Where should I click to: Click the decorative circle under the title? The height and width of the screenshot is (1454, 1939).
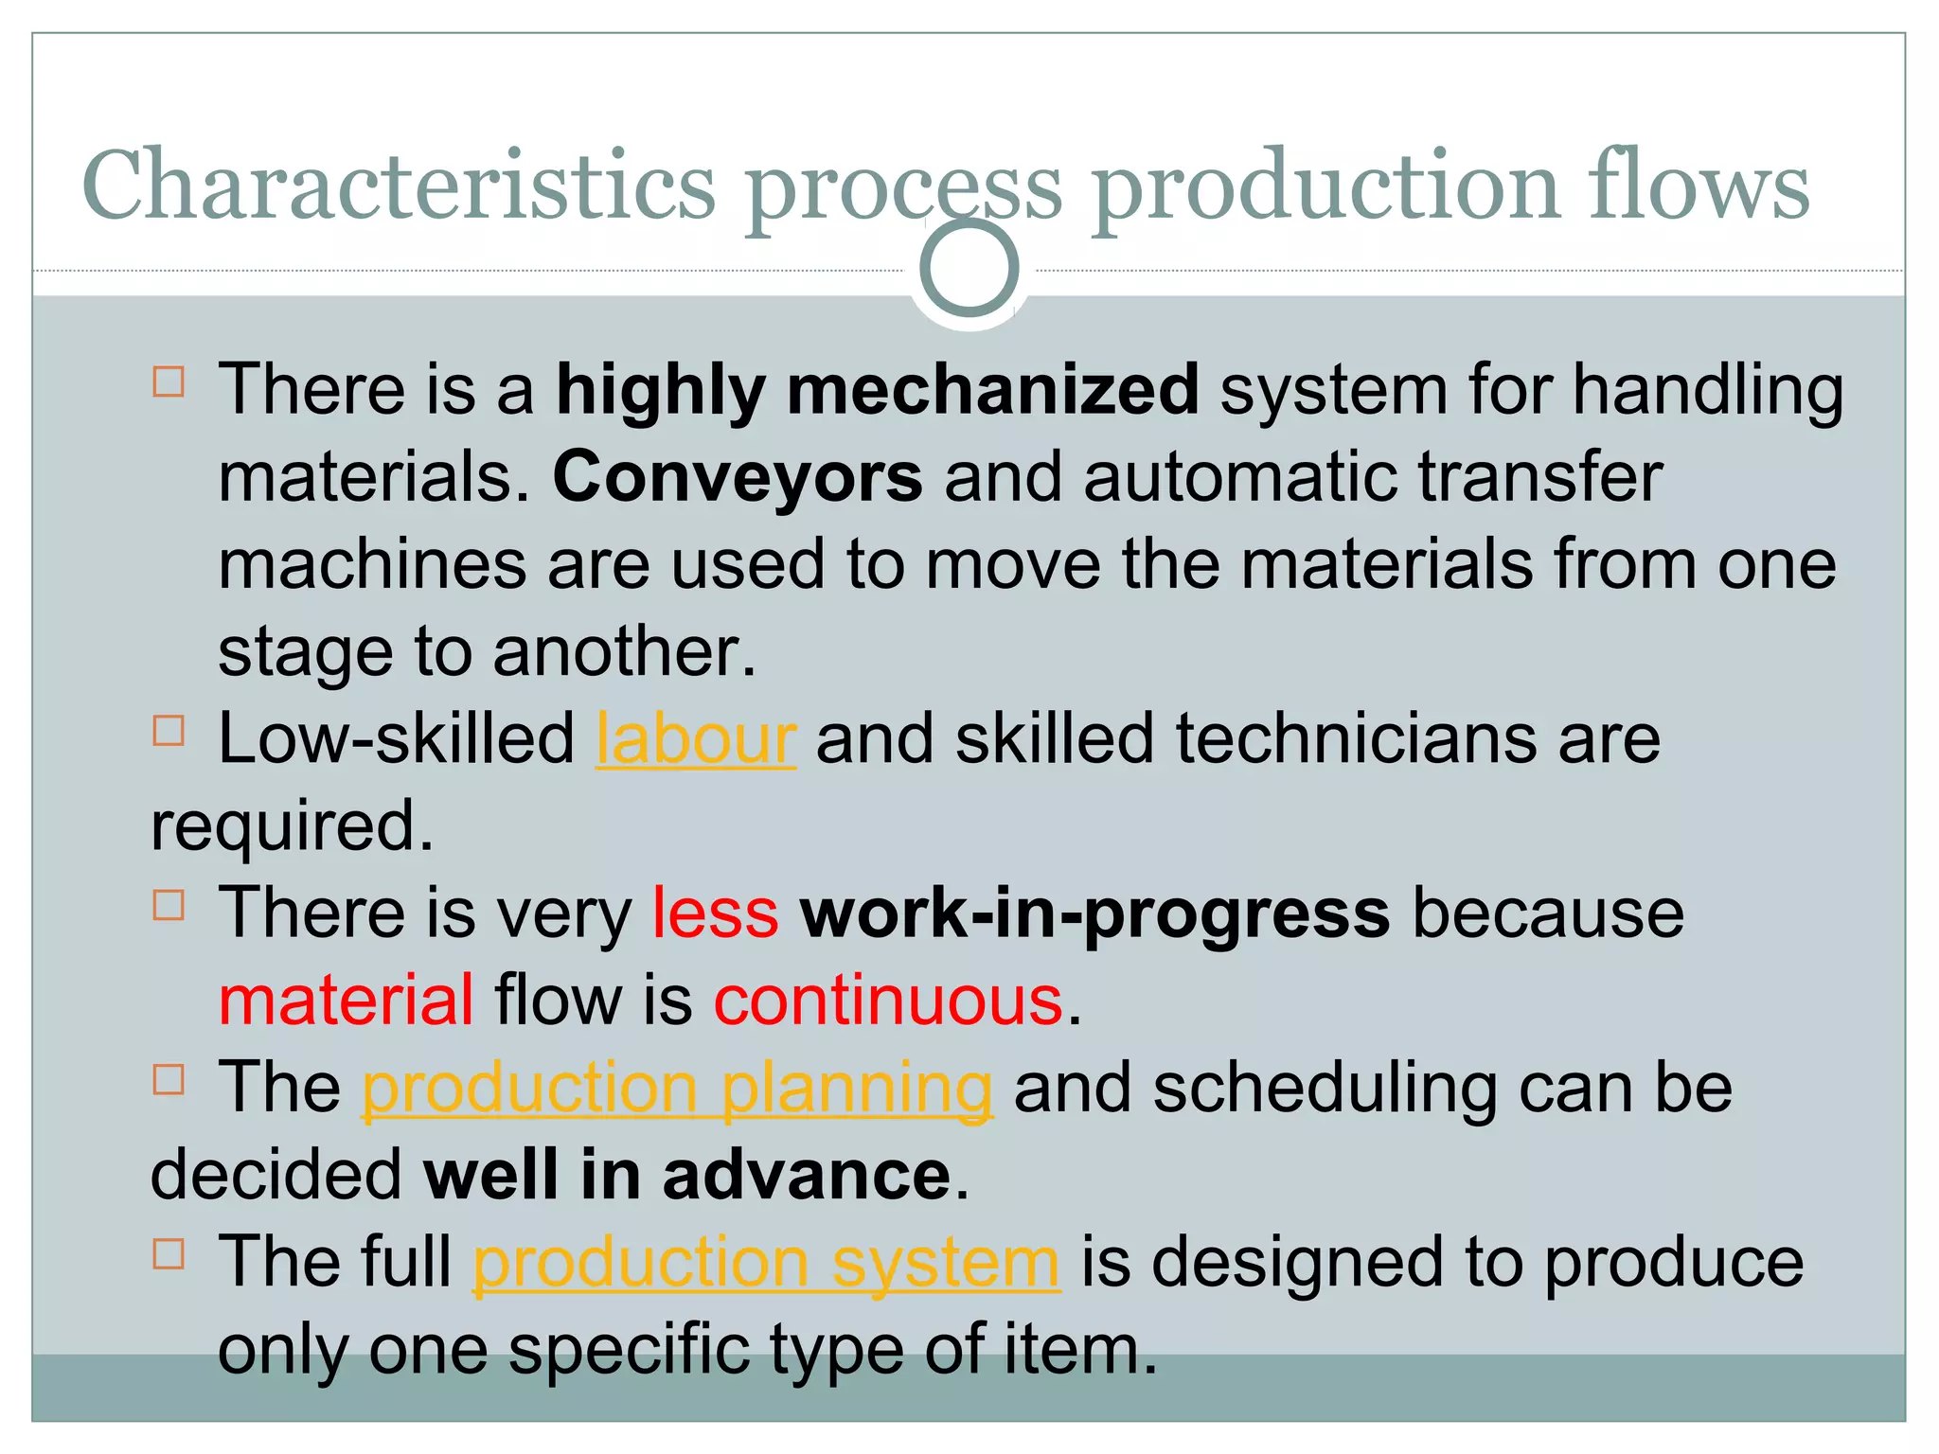[969, 268]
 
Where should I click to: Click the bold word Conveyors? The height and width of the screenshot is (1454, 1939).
[737, 477]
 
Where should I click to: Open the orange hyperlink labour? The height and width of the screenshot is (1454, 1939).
[696, 739]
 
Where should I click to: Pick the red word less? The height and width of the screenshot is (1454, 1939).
[715, 914]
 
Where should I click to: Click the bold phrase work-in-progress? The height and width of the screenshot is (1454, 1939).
[1094, 914]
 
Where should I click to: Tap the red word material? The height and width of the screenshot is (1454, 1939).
[346, 1002]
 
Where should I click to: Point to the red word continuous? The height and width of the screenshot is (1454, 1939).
[888, 1002]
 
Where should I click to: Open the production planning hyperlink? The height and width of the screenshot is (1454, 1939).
[677, 1089]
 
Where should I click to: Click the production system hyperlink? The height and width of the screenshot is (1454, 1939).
[765, 1263]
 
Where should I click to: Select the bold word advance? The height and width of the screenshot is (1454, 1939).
[806, 1176]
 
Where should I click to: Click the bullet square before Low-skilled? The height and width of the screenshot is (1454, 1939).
[169, 731]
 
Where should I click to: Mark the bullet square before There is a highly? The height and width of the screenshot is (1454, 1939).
[169, 381]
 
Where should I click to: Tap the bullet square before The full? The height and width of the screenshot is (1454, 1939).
[169, 1254]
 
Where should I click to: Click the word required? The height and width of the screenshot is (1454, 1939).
[291, 827]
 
